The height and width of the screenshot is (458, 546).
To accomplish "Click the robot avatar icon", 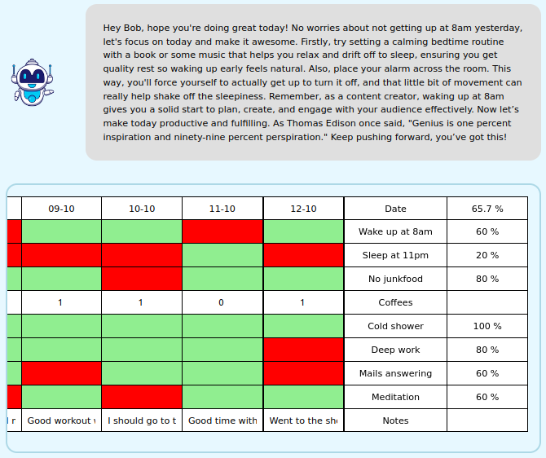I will (x=31, y=82).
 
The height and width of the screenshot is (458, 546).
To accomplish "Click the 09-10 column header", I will (x=61, y=209).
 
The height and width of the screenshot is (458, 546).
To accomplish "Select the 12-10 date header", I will (x=303, y=209).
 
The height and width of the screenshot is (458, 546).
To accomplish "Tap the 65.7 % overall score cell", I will (x=487, y=209).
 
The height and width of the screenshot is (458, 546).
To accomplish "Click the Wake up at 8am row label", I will (x=395, y=231).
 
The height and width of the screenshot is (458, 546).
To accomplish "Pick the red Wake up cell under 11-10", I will (x=222, y=231).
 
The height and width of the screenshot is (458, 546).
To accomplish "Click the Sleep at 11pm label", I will (x=395, y=255).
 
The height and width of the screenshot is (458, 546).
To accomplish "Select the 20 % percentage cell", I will (x=487, y=255).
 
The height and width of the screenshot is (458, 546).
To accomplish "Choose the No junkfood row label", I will (x=395, y=279).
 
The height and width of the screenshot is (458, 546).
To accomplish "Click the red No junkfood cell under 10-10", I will (x=142, y=279).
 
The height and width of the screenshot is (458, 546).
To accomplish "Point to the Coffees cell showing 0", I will (x=222, y=302).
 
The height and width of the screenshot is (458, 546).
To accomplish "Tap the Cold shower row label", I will (x=395, y=326).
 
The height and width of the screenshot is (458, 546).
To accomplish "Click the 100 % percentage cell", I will (x=487, y=326).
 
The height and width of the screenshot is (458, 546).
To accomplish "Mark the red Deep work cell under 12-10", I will (x=303, y=350).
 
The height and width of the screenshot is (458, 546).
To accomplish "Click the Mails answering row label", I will (x=395, y=373).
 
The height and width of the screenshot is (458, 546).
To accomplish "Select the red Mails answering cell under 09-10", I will (x=61, y=373).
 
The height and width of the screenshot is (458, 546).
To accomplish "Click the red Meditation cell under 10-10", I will (x=142, y=397).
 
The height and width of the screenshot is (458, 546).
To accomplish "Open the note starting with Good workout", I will (x=61, y=421).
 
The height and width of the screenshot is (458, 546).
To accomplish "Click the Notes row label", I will (x=395, y=421).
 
